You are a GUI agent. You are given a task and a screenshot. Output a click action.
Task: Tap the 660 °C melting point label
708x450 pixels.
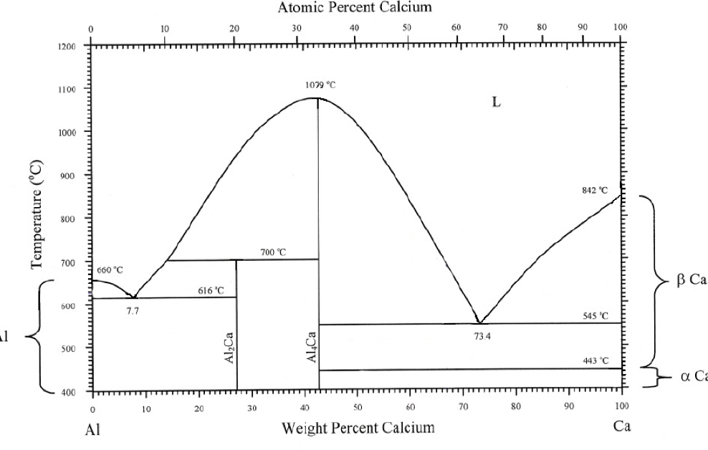tap(110, 270)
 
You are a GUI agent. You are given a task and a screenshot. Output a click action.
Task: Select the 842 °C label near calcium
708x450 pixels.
tap(595, 191)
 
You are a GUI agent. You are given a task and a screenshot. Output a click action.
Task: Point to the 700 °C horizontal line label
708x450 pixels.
tap(272, 252)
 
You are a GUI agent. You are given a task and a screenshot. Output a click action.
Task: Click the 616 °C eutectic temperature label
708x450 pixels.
tap(211, 290)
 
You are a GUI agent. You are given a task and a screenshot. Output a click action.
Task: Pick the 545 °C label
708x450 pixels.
tap(595, 315)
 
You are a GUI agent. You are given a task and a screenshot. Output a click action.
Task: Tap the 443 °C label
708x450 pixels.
tap(595, 360)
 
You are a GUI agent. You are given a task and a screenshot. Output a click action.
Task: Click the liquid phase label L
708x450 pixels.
tap(495, 102)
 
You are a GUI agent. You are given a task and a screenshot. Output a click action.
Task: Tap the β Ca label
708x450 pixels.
tap(692, 280)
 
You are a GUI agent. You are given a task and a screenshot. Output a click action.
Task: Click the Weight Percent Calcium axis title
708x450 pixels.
tap(358, 429)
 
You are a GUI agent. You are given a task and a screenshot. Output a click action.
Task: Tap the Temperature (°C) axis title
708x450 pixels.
tap(38, 214)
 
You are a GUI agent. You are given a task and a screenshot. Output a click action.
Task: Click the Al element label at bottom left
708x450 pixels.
tap(94, 431)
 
